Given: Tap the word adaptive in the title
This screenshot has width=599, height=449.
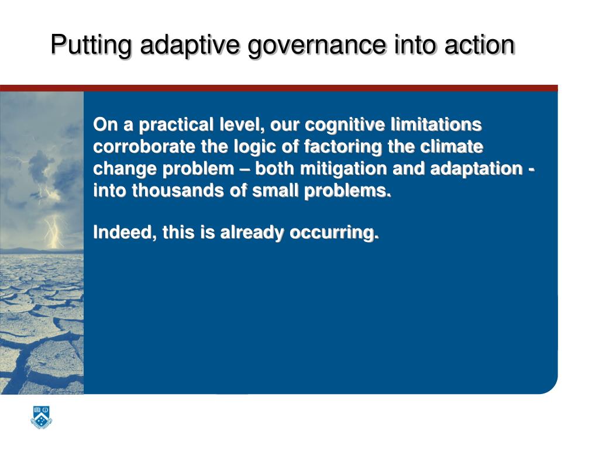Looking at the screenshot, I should point(187,45).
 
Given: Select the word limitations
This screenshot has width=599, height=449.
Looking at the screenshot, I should point(435,125).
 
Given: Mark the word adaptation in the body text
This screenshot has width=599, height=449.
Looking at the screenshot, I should point(476,169).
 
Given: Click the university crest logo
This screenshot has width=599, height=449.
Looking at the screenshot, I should point(40,418).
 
